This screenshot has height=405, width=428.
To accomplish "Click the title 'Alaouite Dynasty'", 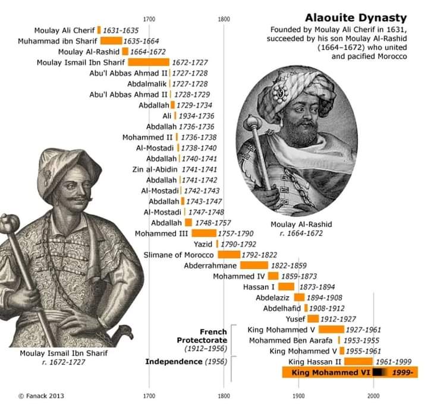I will (355, 18).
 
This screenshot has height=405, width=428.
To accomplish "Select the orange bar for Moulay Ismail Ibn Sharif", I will (149, 62).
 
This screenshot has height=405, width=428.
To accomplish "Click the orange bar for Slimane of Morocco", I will (228, 255).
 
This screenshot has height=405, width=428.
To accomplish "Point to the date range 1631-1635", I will (121, 30).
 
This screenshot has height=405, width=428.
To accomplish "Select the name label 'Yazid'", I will (203, 244).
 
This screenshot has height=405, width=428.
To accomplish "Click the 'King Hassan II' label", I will (315, 362).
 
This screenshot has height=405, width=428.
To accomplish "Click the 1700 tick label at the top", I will (149, 19).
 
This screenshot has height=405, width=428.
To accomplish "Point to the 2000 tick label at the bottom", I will (373, 395).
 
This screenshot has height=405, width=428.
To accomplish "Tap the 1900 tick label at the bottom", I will (298, 395).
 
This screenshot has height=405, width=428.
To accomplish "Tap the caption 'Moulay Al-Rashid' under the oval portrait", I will (301, 224).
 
